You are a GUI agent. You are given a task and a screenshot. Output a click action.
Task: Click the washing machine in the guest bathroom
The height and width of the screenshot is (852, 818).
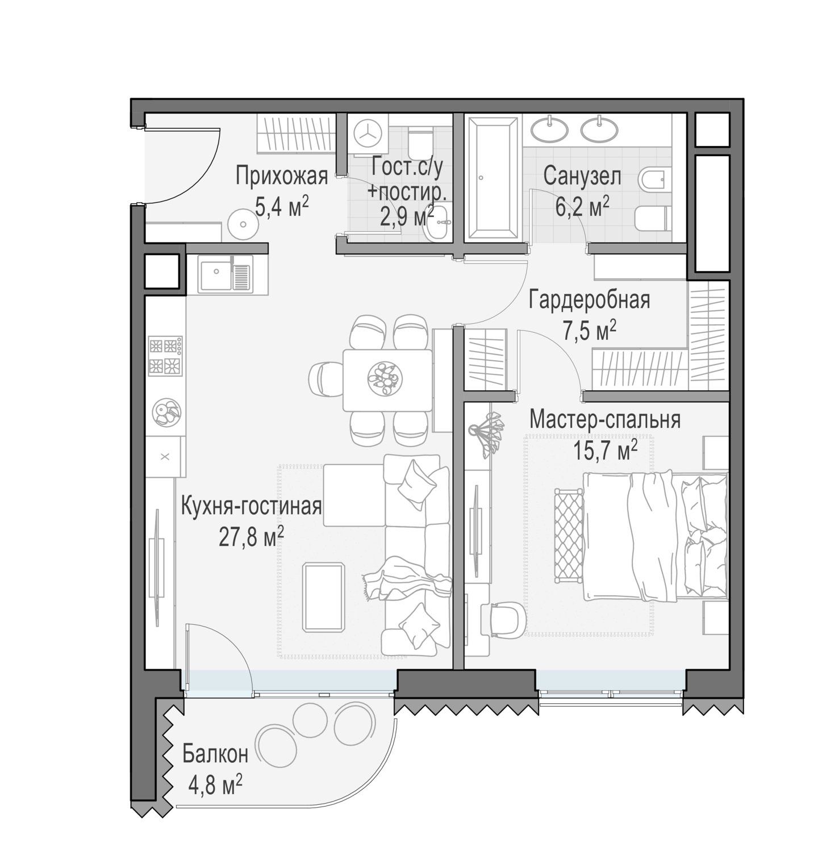pos(366,135)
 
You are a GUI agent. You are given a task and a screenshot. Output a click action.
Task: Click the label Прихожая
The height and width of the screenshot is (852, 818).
pos(282,177)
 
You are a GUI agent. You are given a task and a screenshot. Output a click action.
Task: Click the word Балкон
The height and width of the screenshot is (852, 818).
pos(215,754)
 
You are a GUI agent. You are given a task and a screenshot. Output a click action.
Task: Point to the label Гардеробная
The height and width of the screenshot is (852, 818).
pos(589,300)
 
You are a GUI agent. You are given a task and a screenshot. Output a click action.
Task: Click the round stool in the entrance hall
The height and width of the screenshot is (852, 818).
pos(243,224)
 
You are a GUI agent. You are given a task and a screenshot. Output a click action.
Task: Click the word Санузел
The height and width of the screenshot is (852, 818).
pos(582,177)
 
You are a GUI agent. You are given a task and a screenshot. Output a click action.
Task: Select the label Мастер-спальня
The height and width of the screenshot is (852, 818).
pos(605,420)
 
